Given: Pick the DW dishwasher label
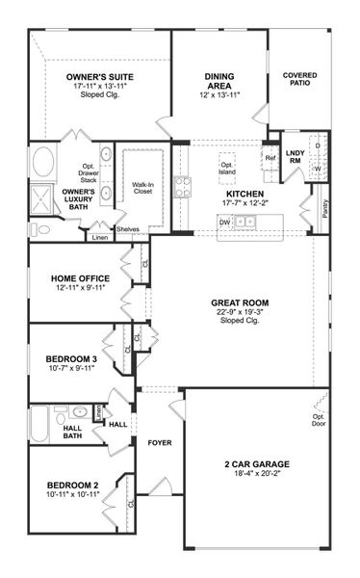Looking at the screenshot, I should point(223,221).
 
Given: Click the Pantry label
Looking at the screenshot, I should point(325,208).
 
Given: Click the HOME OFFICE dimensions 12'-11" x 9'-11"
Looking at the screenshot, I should point(82,288).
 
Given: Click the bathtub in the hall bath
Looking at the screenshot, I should point(39,422).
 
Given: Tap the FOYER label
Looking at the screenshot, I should point(160,442).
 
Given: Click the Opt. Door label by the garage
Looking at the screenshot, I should point(318,420).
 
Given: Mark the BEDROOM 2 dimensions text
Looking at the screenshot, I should point(74,492).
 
